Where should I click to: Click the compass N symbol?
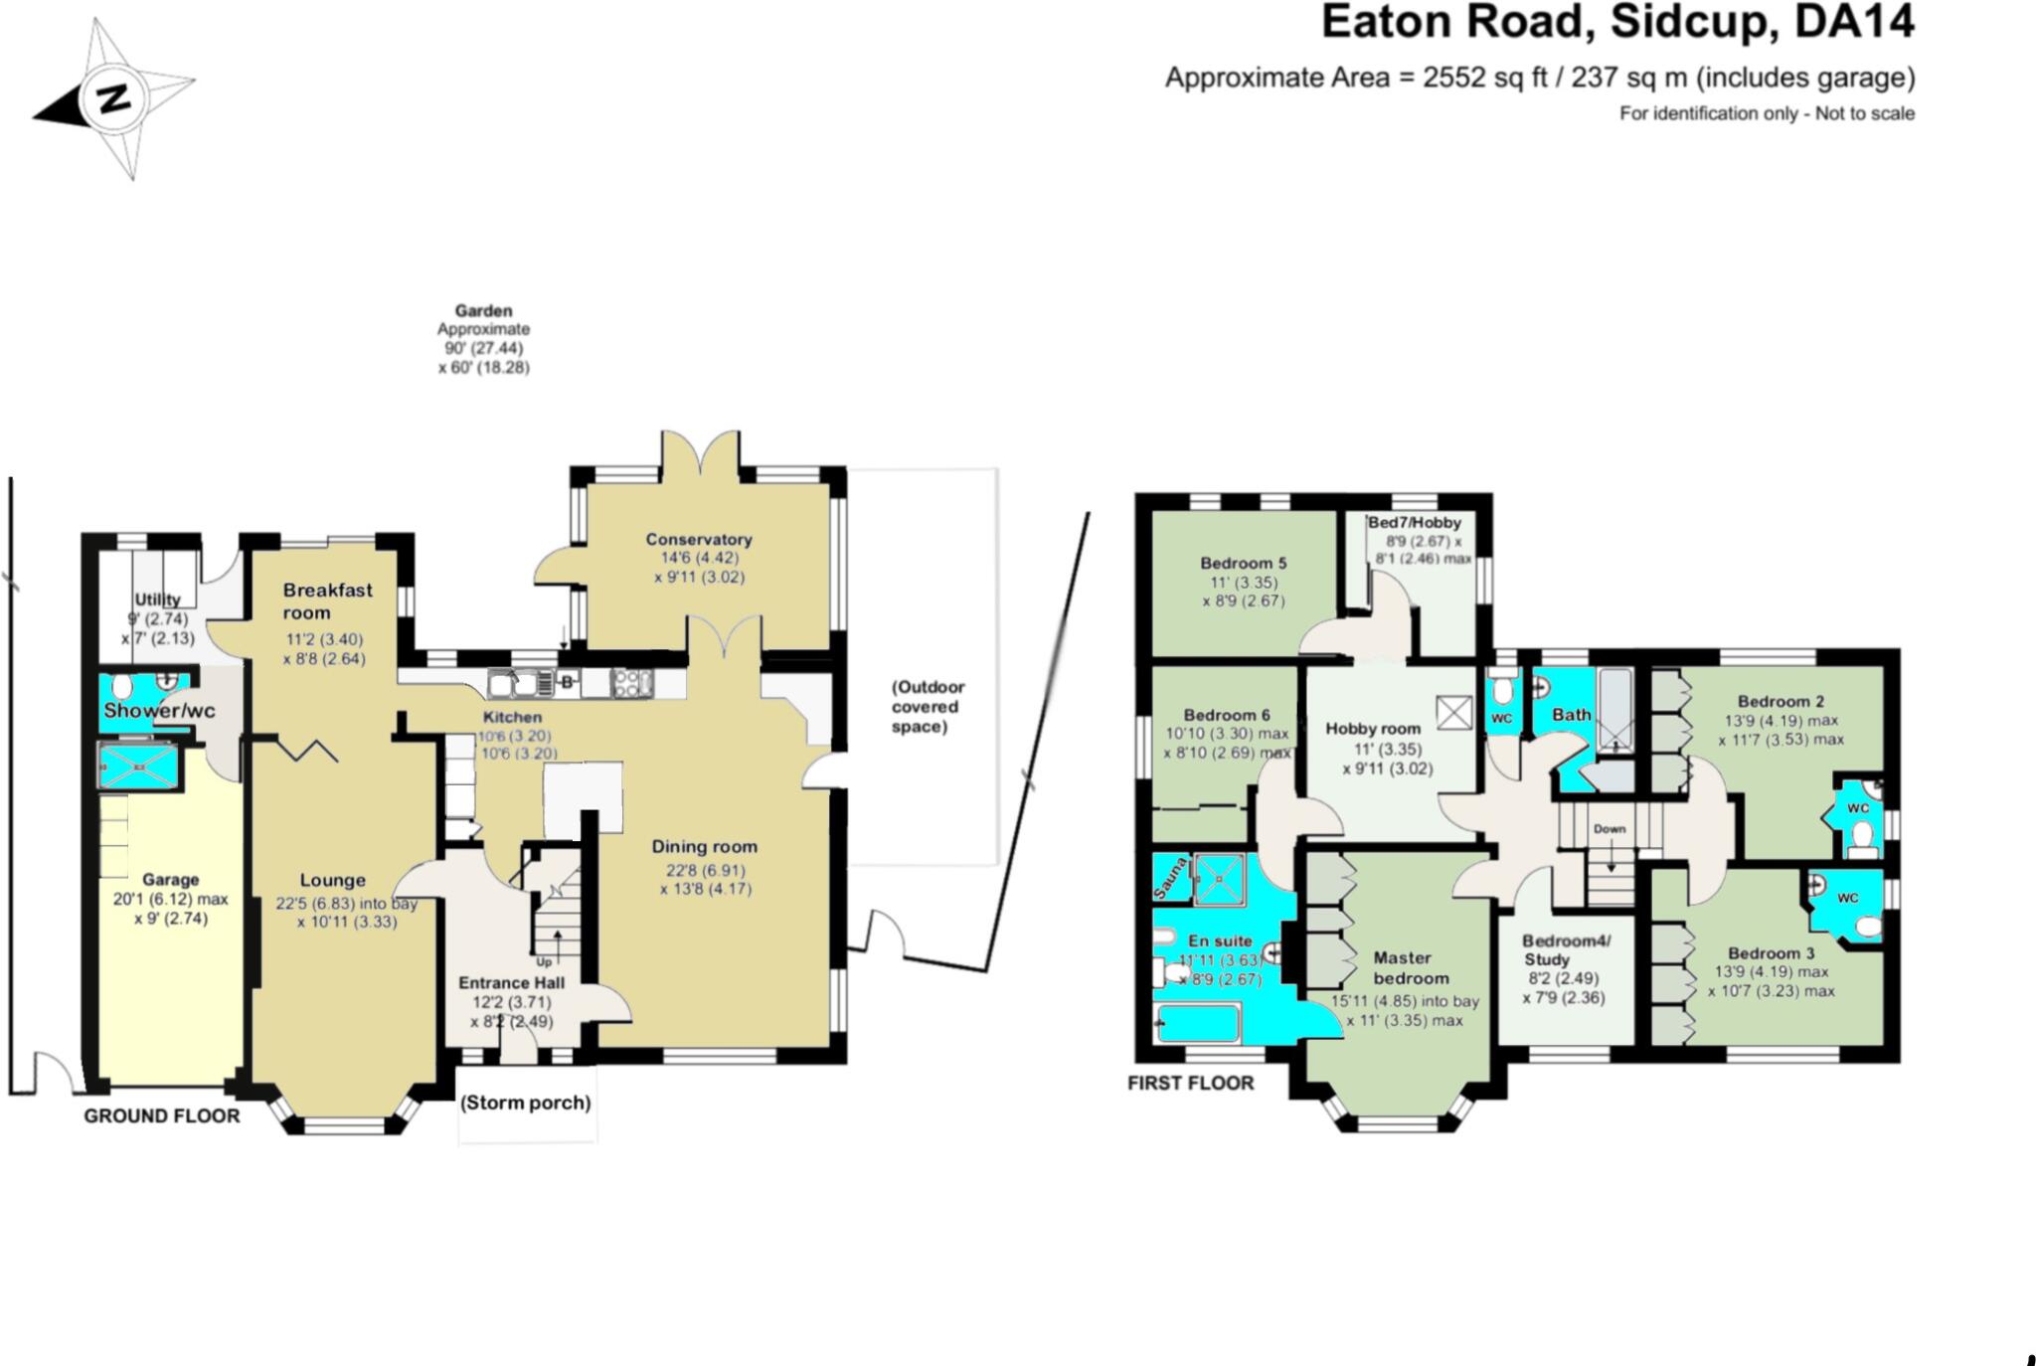pyautogui.click(x=114, y=98)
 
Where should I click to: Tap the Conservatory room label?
pyautogui.click(x=699, y=539)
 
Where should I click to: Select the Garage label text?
pyautogui.click(x=170, y=880)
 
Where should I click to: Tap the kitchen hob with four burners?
pyautogui.click(x=632, y=683)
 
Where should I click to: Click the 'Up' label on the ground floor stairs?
pyautogui.click(x=544, y=961)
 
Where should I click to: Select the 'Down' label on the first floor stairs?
pyautogui.click(x=1610, y=828)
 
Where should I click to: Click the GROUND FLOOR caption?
pyautogui.click(x=161, y=1115)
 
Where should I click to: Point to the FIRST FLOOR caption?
pyautogui.click(x=1190, y=1083)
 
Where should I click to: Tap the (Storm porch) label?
pyautogui.click(x=525, y=1103)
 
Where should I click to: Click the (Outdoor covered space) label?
pyautogui.click(x=927, y=707)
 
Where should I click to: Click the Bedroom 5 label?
pyautogui.click(x=1243, y=563)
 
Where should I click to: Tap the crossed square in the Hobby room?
pyautogui.click(x=1454, y=712)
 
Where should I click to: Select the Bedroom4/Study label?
pyautogui.click(x=1566, y=949)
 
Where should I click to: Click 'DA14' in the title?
pyautogui.click(x=1854, y=22)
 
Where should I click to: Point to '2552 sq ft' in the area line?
pyautogui.click(x=1485, y=78)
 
